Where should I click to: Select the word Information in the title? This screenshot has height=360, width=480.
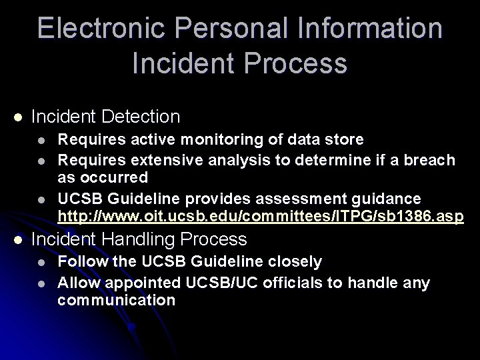tap(365, 29)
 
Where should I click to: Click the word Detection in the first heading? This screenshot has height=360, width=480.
tap(141, 117)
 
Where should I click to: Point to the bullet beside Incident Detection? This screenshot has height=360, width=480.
tap(18, 117)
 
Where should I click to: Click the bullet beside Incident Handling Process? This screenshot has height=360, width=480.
tap(18, 239)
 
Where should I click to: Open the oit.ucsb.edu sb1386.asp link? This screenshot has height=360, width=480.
tap(260, 217)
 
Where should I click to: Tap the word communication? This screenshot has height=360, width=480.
tap(116, 301)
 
